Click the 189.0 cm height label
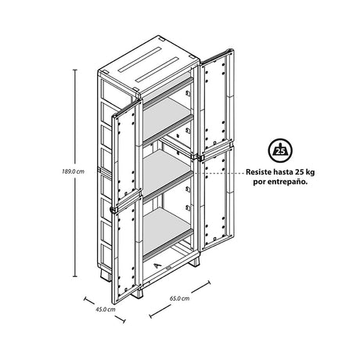coord(74,171)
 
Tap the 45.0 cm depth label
coord(106,309)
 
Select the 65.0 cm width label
coord(180,298)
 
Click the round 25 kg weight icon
coord(280,150)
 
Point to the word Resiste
coord(258,172)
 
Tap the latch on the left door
coord(113,210)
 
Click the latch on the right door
coord(200,157)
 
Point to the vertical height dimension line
coord(75,173)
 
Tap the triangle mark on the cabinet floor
coord(157,265)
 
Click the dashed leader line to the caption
coord(218,173)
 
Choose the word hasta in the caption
coord(283,172)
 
